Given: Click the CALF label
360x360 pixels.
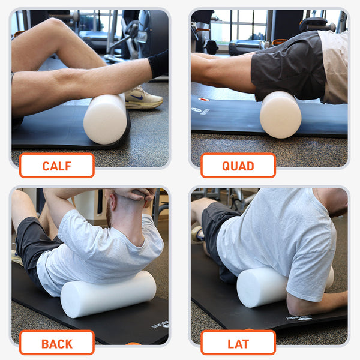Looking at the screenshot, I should pos(56,166).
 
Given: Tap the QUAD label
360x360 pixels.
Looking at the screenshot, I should pos(238,166).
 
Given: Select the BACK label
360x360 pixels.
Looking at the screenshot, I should pos(56,343).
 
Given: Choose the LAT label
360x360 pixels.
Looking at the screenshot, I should pos(238,343).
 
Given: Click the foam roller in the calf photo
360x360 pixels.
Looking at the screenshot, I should pos(105,118).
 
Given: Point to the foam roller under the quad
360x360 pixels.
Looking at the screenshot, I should pos(280,115).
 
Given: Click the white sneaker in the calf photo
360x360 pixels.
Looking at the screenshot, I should pos(143,97).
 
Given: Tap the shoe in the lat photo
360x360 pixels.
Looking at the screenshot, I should pos(197,234).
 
